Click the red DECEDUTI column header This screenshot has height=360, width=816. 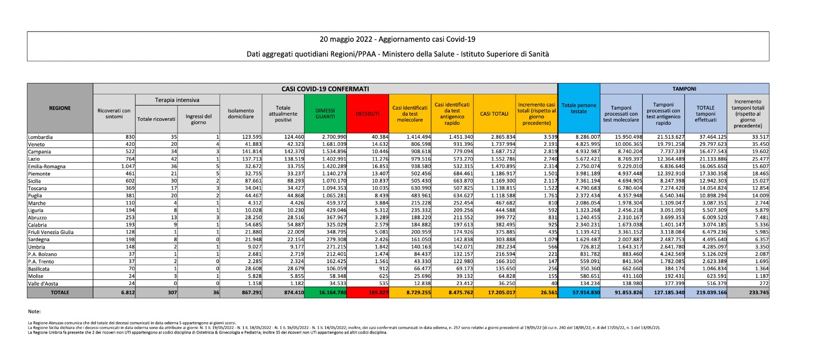(367, 114)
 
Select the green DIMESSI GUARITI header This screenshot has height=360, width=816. (325, 114)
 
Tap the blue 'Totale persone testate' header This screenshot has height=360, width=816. (579, 108)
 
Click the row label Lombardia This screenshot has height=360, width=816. (40, 137)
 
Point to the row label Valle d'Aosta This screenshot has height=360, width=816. (43, 284)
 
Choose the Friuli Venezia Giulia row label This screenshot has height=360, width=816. (51, 232)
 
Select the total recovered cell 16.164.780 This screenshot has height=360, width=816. (333, 293)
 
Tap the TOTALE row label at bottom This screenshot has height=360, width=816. (60, 293)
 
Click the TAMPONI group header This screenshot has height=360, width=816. (684, 89)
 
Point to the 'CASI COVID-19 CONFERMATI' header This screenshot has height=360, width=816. (325, 89)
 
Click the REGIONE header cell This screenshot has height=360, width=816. (60, 108)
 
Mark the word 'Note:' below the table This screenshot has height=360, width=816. (34, 311)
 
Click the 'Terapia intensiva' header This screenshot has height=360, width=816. (177, 100)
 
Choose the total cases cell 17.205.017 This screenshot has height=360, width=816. (502, 293)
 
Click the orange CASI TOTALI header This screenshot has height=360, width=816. (494, 114)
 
